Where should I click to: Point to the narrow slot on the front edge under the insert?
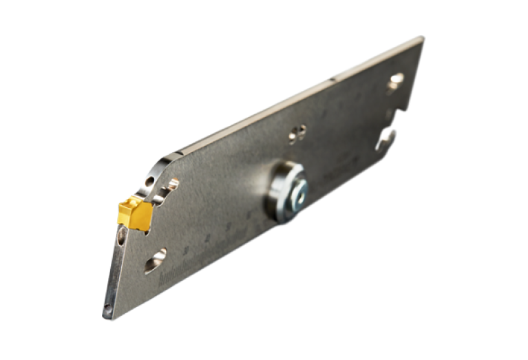(122, 237)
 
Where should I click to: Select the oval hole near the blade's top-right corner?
(395, 81)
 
